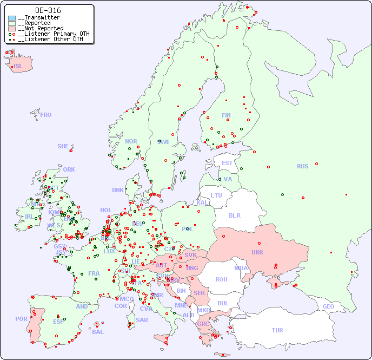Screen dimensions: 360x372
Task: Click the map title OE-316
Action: tap(48, 10)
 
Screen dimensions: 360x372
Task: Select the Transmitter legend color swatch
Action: tap(12, 18)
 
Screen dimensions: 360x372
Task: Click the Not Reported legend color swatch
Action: tap(12, 28)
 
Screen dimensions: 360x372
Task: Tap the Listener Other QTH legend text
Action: tap(51, 39)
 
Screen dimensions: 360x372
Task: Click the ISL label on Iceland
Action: tap(18, 67)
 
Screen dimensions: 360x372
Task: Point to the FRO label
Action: tap(46, 115)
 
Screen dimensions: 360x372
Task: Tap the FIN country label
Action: tap(226, 115)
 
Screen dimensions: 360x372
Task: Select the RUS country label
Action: tap(302, 166)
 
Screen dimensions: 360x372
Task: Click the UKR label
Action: tap(257, 252)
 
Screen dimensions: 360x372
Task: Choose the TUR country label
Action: tap(277, 330)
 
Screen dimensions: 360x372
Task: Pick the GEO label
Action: tap(328, 306)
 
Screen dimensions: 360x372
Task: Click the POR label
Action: tap(21, 319)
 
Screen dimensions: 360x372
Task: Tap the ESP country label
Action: tap(58, 321)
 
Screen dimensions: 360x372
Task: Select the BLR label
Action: tap(235, 215)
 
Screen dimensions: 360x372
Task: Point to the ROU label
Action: tap(221, 279)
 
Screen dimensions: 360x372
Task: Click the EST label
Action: tap(227, 163)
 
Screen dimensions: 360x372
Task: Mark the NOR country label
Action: tap(131, 141)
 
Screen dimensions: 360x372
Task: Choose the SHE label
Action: tap(63, 146)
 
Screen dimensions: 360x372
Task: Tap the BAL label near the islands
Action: tap(97, 332)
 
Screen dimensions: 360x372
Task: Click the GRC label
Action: tap(203, 324)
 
